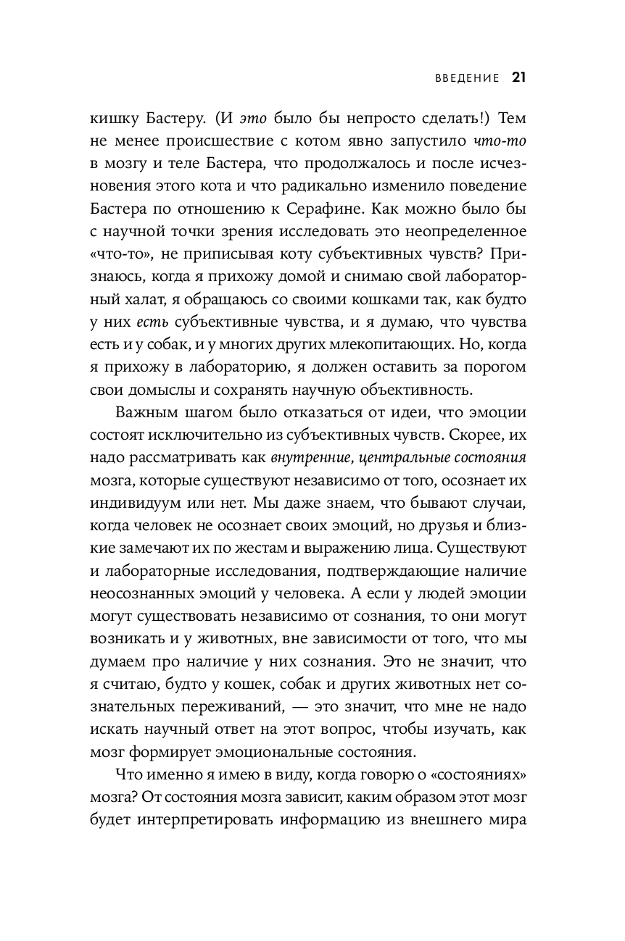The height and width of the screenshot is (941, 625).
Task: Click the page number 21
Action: [x=518, y=78]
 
